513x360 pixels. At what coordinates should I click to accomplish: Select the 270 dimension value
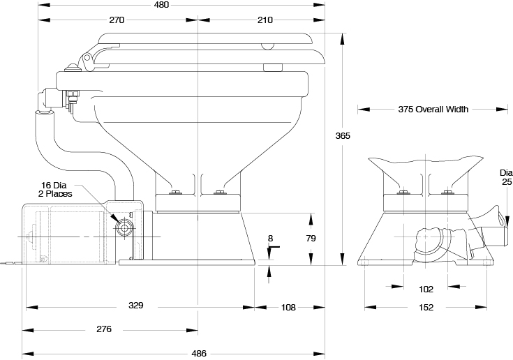[x=117, y=20]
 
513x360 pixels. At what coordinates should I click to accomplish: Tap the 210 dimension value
[x=265, y=20]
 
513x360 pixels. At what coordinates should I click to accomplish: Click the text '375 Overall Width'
[x=433, y=110]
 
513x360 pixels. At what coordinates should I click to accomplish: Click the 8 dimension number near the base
[x=270, y=239]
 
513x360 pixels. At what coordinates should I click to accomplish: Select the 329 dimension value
[x=136, y=306]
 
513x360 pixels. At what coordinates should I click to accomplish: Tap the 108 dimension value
[x=288, y=306]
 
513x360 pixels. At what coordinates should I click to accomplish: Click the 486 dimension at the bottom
[x=199, y=353]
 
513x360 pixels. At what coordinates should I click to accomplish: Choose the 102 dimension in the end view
[x=426, y=289]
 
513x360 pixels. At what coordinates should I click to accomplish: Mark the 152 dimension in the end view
[x=426, y=307]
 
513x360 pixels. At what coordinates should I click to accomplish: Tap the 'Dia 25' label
[x=505, y=177]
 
